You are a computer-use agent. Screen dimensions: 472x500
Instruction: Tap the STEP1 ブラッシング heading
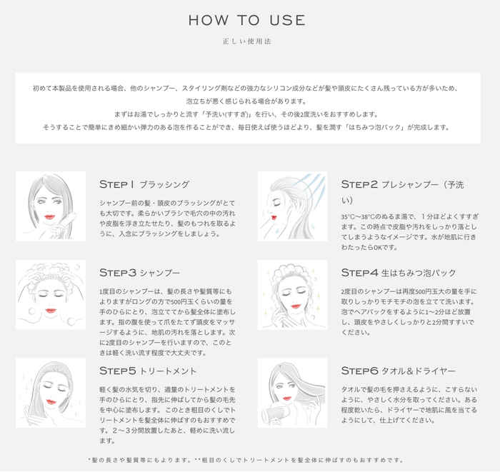(144, 184)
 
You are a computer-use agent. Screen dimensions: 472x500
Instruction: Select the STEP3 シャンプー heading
(140, 273)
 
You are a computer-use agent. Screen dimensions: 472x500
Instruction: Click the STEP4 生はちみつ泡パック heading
(398, 273)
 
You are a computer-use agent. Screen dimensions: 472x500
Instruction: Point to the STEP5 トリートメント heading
(148, 371)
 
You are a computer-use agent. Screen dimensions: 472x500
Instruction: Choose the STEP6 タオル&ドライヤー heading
(398, 371)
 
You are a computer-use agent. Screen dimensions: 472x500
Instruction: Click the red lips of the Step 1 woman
(49, 216)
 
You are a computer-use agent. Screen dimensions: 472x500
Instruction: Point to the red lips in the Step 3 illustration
(50, 310)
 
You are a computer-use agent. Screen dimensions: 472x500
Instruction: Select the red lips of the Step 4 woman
(292, 309)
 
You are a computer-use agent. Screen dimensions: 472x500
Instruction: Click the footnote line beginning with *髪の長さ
(247, 461)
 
